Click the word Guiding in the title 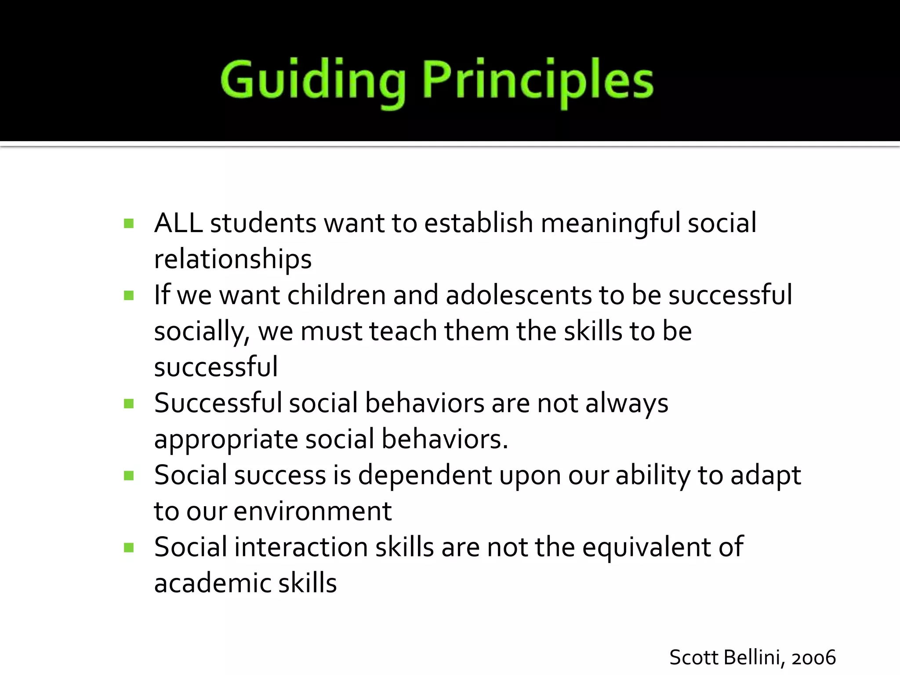(x=312, y=81)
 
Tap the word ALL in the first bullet (x=178, y=223)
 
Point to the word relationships (x=233, y=259)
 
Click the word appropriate (x=226, y=440)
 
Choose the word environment (x=312, y=511)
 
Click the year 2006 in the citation (x=813, y=658)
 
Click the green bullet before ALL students (x=129, y=224)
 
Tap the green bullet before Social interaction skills (x=129, y=548)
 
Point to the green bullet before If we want (x=129, y=295)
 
